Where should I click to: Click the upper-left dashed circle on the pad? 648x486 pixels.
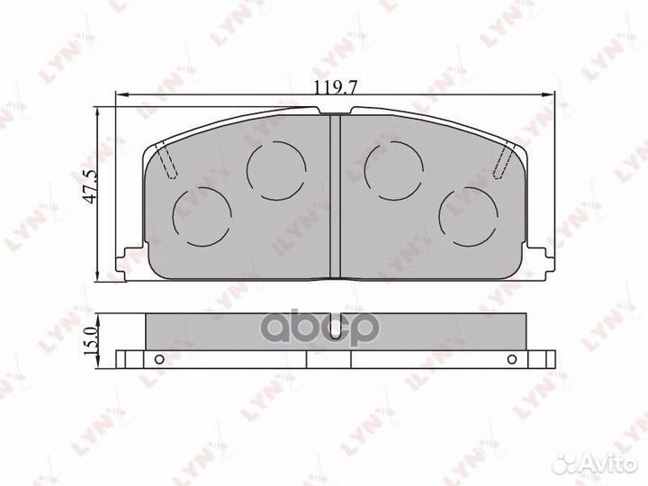(x=275, y=170)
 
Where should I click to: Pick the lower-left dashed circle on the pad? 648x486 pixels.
(x=202, y=216)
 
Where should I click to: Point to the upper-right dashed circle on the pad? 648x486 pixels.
(x=392, y=170)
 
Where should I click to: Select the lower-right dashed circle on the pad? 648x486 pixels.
(x=468, y=216)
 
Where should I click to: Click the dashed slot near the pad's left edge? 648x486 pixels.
(x=168, y=163)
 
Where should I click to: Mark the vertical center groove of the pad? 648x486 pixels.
(x=334, y=193)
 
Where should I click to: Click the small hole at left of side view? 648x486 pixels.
(x=158, y=360)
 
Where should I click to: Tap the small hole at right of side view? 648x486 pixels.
(x=510, y=360)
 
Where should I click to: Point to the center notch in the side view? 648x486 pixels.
(x=335, y=330)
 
